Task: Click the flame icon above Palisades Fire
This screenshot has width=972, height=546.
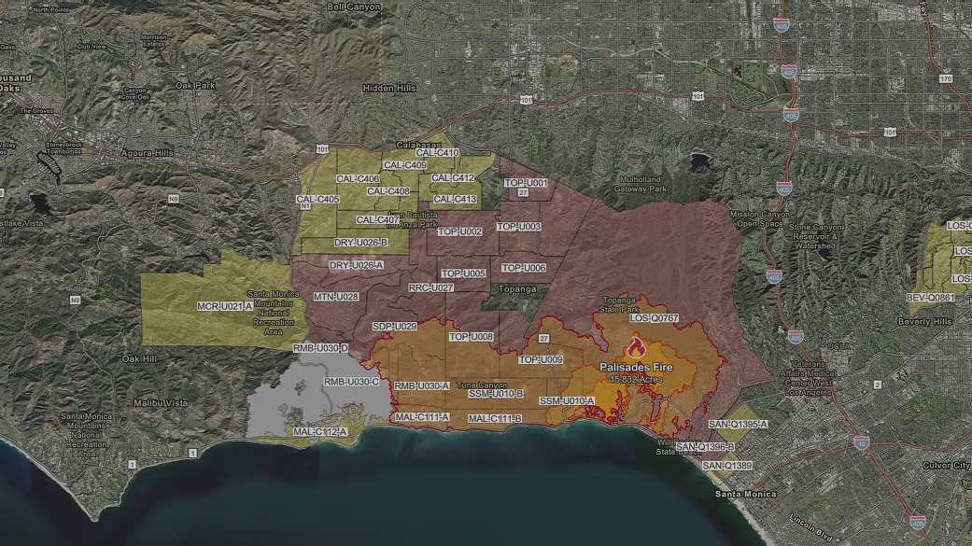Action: [x=637, y=348]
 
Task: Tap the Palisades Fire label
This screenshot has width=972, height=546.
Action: [x=636, y=367]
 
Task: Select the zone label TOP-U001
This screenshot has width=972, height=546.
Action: [x=524, y=183]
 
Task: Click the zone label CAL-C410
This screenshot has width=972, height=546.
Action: [x=437, y=153]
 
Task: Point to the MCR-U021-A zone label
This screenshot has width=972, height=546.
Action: [x=225, y=306]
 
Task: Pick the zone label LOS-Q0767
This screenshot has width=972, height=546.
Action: [x=654, y=318]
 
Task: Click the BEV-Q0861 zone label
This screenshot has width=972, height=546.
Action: [x=931, y=298]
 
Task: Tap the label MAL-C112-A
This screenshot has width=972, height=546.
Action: [x=319, y=432]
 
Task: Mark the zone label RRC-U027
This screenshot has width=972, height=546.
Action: [x=431, y=287]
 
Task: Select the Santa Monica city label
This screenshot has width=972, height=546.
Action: [x=740, y=493]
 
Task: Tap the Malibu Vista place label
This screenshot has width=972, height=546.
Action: [x=161, y=402]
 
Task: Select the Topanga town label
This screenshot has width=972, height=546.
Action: [x=518, y=289]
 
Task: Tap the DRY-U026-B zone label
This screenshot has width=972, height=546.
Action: [x=360, y=243]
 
